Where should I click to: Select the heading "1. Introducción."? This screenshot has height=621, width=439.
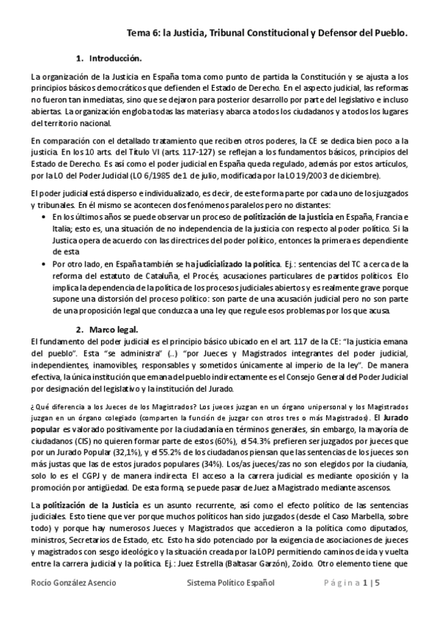tap(114, 57)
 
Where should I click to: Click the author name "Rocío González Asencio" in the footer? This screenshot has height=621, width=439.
tap(73, 602)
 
